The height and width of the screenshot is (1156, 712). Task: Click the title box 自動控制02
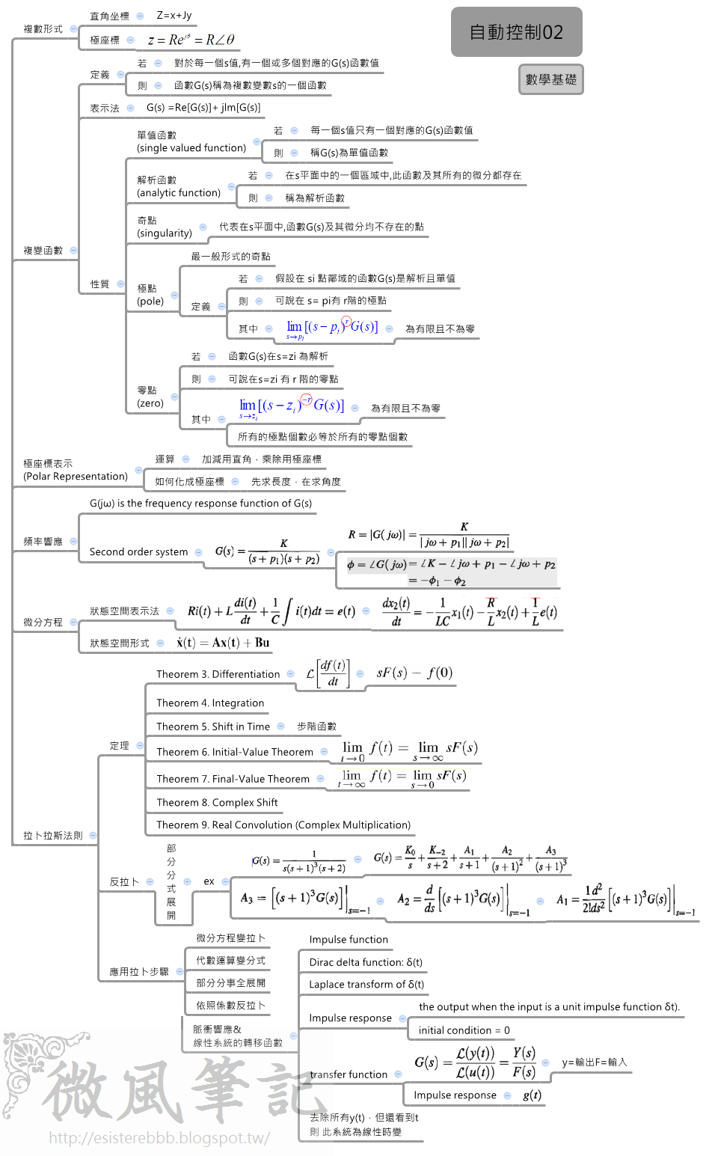point(516,32)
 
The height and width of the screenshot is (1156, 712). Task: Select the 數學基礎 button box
point(550,79)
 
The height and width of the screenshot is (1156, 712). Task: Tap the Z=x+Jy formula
point(174,15)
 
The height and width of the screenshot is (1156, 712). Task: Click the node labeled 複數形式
point(43,29)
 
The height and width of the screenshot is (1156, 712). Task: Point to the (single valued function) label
point(191,148)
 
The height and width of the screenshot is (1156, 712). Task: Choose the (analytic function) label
point(179,193)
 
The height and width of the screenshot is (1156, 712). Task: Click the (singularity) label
point(165,233)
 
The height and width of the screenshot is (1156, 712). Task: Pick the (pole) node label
point(150,302)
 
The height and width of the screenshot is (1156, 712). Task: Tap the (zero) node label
point(150,403)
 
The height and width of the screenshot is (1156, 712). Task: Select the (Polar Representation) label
point(76,477)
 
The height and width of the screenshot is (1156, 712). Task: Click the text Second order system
point(138,552)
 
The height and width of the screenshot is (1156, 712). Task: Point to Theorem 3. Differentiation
point(218,674)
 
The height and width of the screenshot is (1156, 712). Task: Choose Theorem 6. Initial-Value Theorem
point(235,752)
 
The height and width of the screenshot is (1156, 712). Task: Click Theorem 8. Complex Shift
point(217,803)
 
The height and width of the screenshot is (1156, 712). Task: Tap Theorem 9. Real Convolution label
point(283,825)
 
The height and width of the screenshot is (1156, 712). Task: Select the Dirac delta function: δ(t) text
point(366,962)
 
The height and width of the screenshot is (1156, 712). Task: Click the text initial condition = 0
point(464,1030)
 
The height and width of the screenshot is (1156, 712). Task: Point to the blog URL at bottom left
point(159,1138)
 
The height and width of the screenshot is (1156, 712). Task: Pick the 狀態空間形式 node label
point(120,643)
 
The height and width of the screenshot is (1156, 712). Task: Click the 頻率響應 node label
point(43,542)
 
